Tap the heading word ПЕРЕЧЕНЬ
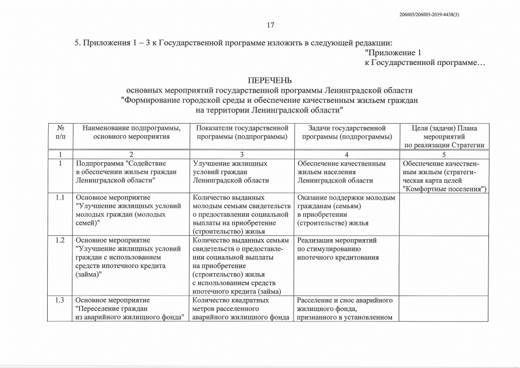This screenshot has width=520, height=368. click(x=269, y=79)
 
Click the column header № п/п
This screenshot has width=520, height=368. click(x=61, y=132)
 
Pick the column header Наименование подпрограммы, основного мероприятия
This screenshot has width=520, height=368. click(x=132, y=132)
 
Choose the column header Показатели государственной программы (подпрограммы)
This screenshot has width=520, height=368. click(x=241, y=132)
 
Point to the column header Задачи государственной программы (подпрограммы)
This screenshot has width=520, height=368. click(x=346, y=132)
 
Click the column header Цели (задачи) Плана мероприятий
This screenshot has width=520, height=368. click(x=444, y=136)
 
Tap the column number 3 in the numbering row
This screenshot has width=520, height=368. click(x=241, y=154)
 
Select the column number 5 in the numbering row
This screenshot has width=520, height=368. click(x=444, y=154)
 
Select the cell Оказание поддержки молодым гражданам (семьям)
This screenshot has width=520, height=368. click(x=346, y=210)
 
